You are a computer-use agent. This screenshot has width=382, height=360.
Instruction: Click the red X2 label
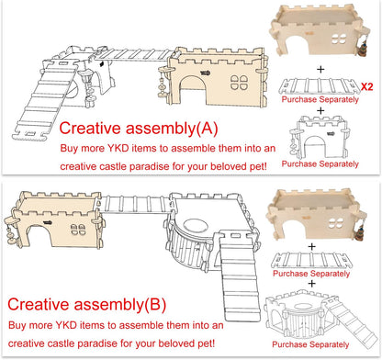pos(366,86)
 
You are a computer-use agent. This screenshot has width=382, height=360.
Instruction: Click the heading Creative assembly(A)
pos(139,128)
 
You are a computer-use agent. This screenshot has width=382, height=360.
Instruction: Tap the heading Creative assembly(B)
pos(86,304)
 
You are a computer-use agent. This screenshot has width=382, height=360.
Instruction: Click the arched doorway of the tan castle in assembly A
pos(194,91)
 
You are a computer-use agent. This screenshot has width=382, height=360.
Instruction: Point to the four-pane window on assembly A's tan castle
pos(239,83)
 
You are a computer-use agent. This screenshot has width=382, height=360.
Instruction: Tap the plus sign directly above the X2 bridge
pos(320,70)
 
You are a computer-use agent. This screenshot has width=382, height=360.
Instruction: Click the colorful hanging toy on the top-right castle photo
pos(363,47)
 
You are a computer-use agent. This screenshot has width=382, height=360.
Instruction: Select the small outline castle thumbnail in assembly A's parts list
pos(319,137)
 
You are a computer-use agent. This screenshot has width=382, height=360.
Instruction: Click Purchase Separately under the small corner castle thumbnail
pos(310,344)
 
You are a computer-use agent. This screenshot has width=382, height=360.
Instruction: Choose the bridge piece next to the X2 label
pos(320,86)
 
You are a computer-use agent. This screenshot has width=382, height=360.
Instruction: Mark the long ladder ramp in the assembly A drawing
pos(44,104)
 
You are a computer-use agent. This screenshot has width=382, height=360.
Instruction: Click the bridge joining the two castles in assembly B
pos(136,203)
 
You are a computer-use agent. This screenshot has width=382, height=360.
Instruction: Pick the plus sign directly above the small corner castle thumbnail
pos(311,284)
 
